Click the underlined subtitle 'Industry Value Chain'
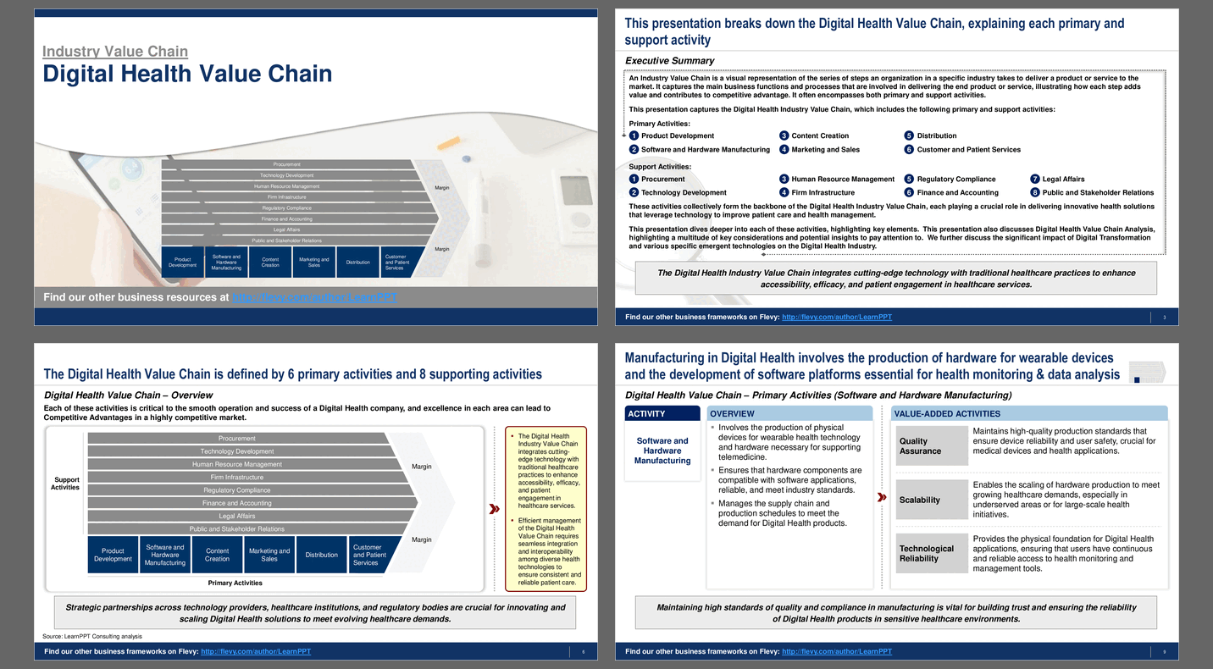115,52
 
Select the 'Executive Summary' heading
669,61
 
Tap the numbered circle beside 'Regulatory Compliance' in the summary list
909,179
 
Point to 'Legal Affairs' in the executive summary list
1063,179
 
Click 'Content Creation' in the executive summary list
820,135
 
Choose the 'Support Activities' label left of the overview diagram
65,483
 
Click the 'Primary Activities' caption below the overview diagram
235,583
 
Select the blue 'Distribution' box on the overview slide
322,555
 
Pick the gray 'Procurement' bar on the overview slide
237,438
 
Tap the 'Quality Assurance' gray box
932,446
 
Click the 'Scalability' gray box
932,500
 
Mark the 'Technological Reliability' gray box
932,553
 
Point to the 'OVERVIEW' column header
789,413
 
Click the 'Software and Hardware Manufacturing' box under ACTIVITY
662,451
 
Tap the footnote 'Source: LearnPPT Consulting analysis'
92,636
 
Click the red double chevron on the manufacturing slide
882,497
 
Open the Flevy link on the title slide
314,297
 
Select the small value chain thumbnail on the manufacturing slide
1147,373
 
